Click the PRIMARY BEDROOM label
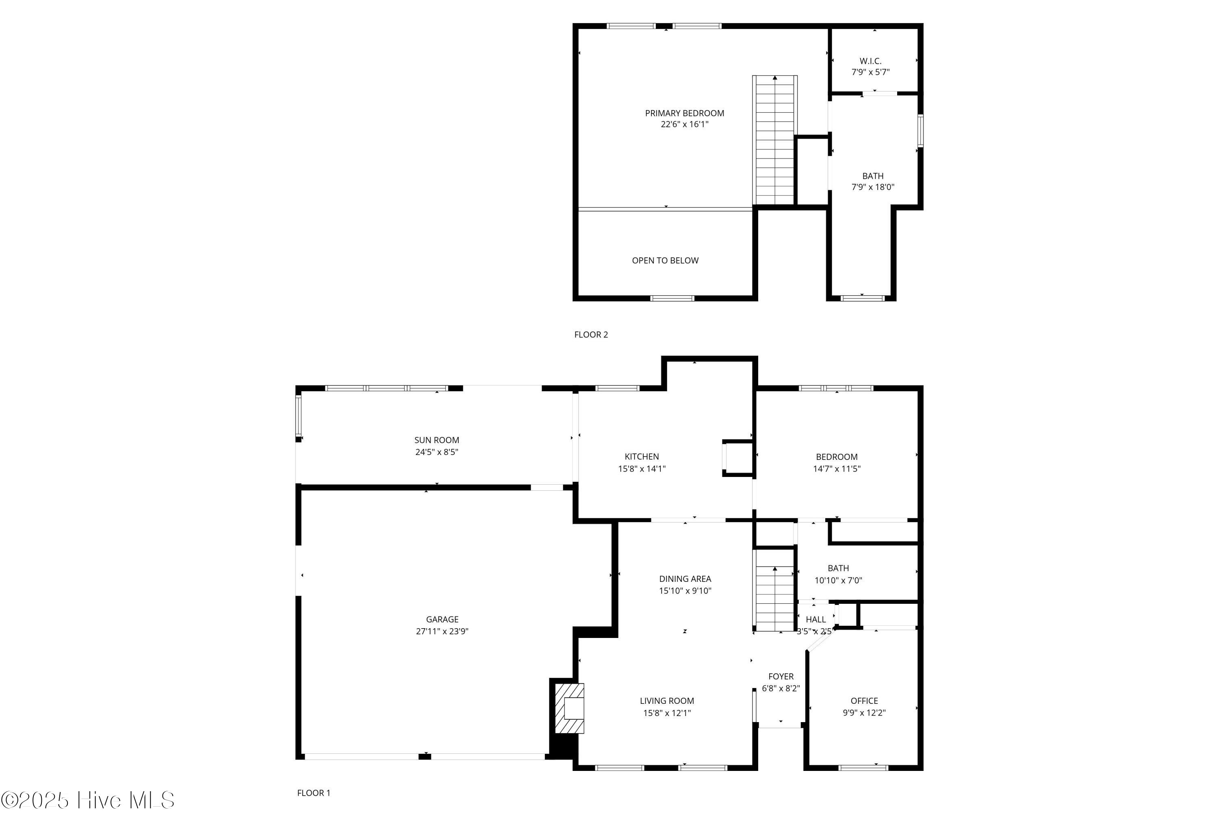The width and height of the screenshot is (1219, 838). [684, 113]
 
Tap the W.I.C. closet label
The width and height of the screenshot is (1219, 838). [870, 61]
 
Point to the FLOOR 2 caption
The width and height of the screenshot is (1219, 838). [591, 335]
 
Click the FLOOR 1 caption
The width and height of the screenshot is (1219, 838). [314, 793]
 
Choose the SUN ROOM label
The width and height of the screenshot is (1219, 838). [436, 440]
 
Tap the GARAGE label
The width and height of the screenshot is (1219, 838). [442, 620]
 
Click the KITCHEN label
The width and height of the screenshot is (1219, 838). [642, 457]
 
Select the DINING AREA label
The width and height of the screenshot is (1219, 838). [685, 579]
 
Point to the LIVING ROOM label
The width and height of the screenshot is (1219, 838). [667, 701]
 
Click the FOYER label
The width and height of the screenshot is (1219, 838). [781, 676]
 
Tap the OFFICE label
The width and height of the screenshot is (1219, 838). [864, 701]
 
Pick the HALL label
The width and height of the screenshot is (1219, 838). [816, 620]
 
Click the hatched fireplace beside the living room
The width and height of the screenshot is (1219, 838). [569, 708]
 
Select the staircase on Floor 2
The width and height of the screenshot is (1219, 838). [775, 140]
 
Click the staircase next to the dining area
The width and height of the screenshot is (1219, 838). [774, 590]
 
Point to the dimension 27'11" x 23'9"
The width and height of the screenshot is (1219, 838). [442, 631]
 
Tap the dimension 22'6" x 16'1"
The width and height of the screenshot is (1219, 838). [684, 124]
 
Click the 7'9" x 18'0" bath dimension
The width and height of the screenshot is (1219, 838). [873, 187]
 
